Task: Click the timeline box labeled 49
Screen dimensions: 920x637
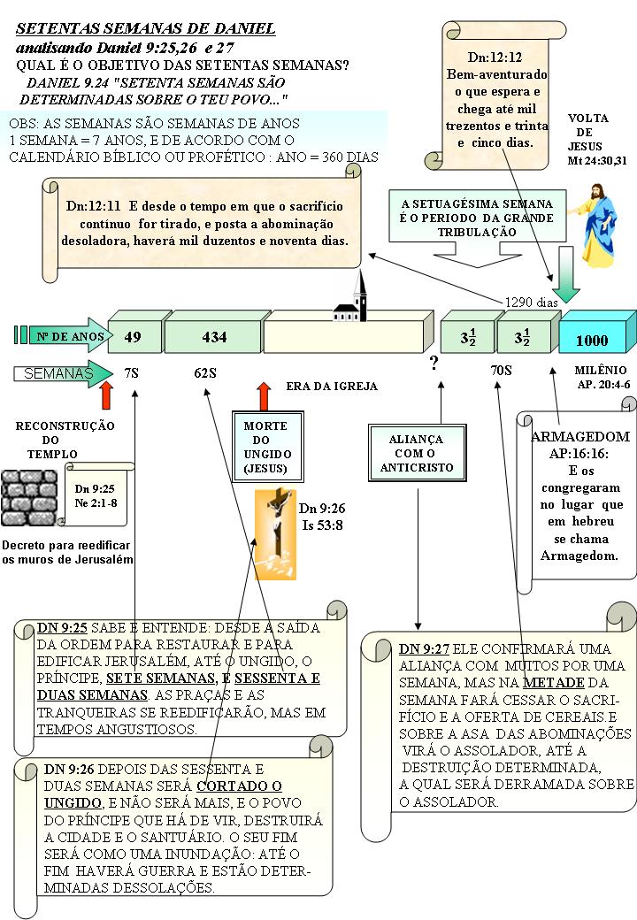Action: pyautogui.click(x=133, y=336)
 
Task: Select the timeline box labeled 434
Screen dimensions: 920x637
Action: pyautogui.click(x=213, y=336)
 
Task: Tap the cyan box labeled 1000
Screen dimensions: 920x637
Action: pyautogui.click(x=593, y=338)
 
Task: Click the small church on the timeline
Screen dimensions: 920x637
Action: pyautogui.click(x=351, y=303)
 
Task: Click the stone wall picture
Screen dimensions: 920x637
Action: pyautogui.click(x=28, y=498)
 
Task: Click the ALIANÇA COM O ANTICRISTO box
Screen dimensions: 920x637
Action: pyautogui.click(x=417, y=453)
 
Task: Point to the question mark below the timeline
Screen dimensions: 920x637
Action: pyautogui.click(x=434, y=364)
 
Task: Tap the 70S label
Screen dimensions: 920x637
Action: pyautogui.click(x=502, y=371)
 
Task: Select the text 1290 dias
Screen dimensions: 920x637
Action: pyautogui.click(x=531, y=302)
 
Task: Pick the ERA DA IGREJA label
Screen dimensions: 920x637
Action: pyautogui.click(x=332, y=387)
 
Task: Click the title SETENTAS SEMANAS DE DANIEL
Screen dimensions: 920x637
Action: pyautogui.click(x=145, y=29)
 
